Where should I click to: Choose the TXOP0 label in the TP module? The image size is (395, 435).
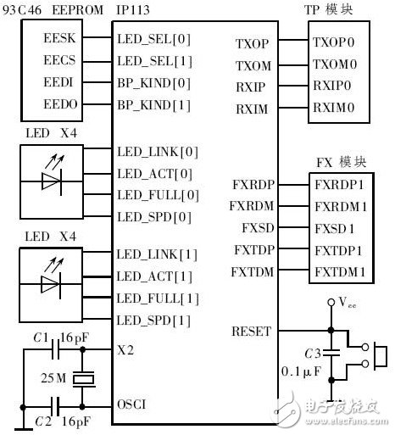[336, 41]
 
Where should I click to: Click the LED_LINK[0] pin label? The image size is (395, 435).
[160, 153]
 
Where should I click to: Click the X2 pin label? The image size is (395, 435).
[126, 349]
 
